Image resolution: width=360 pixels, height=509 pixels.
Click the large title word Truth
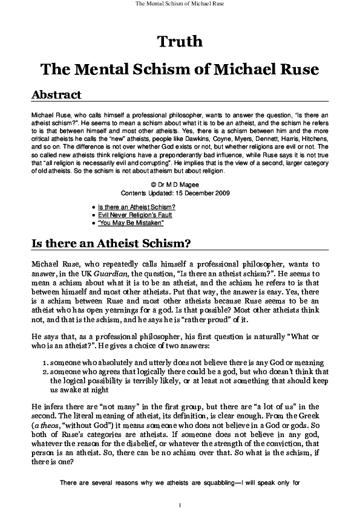[180, 42]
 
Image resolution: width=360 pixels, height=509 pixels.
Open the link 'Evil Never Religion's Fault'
[134, 215]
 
